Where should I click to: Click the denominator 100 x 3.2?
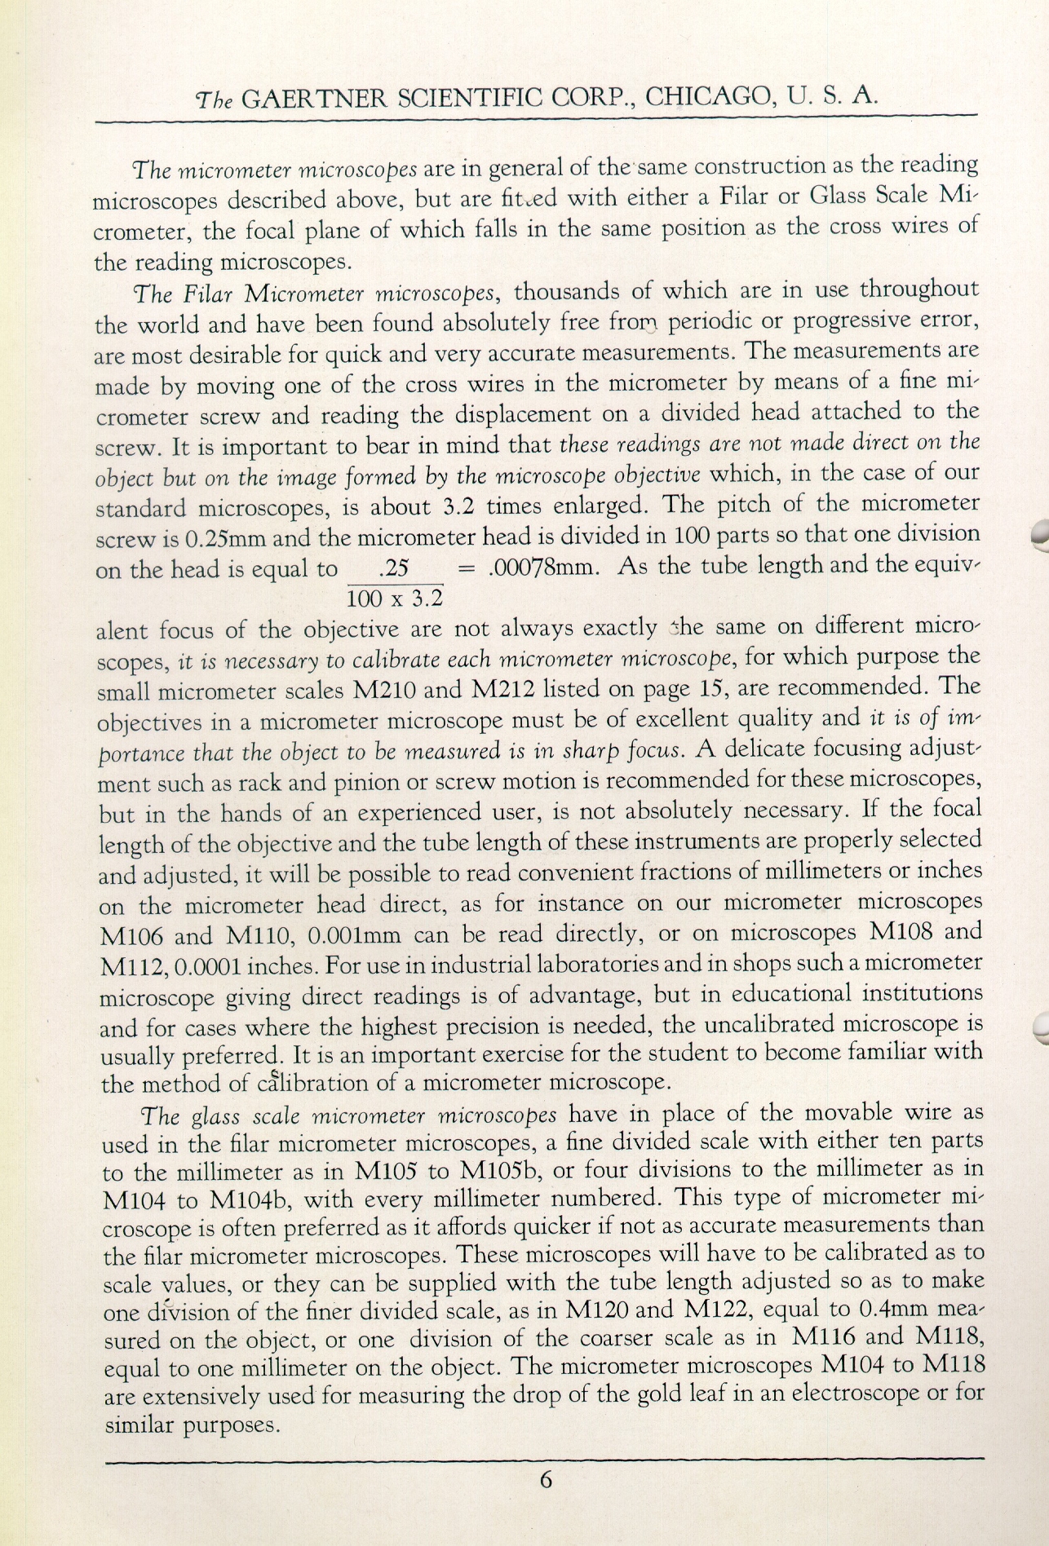[x=395, y=599]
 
